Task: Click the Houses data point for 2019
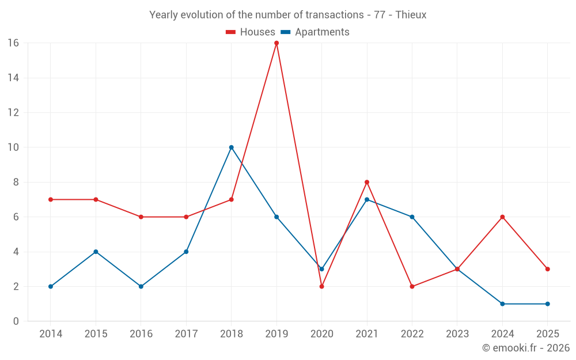point(276,43)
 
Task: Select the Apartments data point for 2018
point(231,147)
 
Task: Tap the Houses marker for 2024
point(502,217)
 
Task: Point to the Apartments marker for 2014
point(51,286)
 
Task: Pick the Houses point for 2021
point(367,182)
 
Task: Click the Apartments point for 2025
point(547,304)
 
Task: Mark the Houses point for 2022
point(412,286)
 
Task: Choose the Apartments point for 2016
point(141,286)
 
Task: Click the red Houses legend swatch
point(231,32)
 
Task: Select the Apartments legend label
point(322,32)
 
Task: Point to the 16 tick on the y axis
point(13,43)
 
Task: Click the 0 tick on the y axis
point(16,321)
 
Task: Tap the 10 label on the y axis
point(13,147)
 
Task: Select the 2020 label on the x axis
point(321,334)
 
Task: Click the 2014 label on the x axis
point(51,334)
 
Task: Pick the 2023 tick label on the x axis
point(457,334)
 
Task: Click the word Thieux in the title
point(411,15)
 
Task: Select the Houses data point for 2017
point(186,217)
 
